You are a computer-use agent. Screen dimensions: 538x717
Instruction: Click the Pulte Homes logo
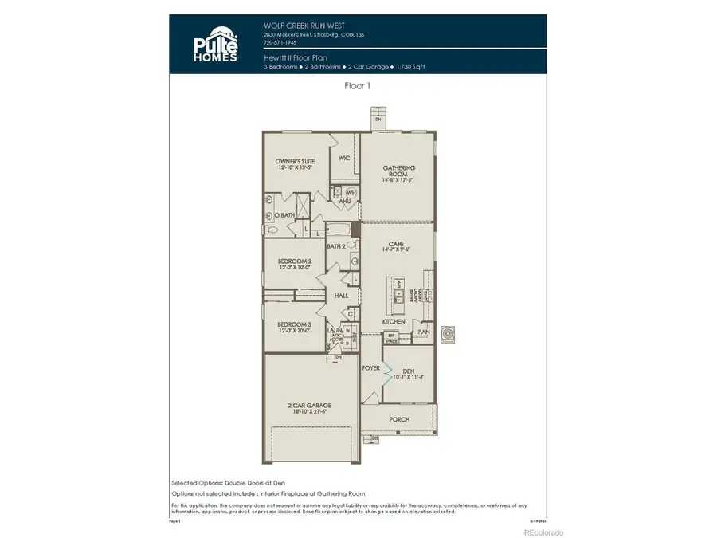[x=214, y=46]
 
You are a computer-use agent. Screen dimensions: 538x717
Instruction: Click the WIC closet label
[x=344, y=158]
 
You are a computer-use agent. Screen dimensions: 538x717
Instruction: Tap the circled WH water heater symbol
[x=351, y=193]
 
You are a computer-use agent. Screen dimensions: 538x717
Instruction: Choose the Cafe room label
[x=395, y=246]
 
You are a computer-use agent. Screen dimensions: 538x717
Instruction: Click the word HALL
[x=342, y=296]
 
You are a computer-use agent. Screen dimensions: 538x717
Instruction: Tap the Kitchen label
[x=394, y=321]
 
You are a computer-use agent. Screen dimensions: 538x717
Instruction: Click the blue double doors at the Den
[x=384, y=370]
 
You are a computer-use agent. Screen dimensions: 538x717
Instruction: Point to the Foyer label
[x=370, y=368]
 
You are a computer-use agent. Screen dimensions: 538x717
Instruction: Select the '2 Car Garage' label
[x=309, y=409]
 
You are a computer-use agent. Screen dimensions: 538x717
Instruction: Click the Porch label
[x=398, y=418]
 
